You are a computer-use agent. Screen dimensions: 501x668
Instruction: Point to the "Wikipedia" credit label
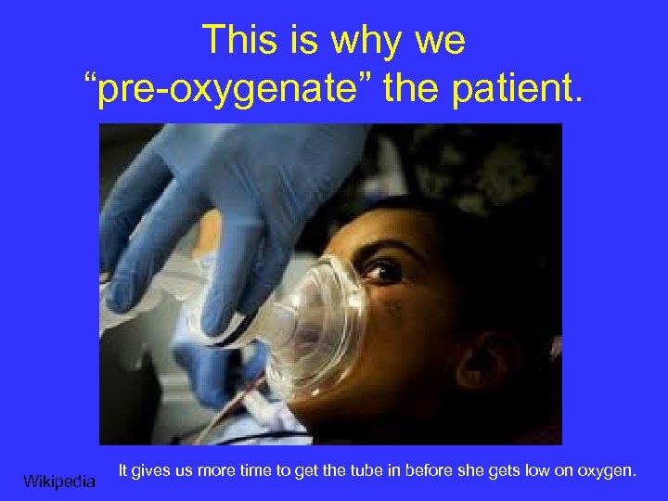point(59,481)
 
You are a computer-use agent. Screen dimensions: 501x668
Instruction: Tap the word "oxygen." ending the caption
point(609,472)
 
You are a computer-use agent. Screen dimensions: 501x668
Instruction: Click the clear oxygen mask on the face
point(315,315)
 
